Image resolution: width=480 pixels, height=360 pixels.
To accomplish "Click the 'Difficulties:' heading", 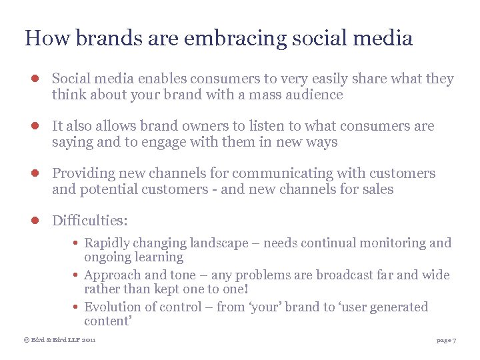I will (90, 221).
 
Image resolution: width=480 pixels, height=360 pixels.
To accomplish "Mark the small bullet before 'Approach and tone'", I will (77, 275).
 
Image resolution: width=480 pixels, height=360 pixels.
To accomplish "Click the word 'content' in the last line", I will (106, 321).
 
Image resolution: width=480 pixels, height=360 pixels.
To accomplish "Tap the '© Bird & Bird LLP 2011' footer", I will (60, 341).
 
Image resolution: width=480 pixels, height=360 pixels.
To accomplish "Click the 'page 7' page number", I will (446, 341).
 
